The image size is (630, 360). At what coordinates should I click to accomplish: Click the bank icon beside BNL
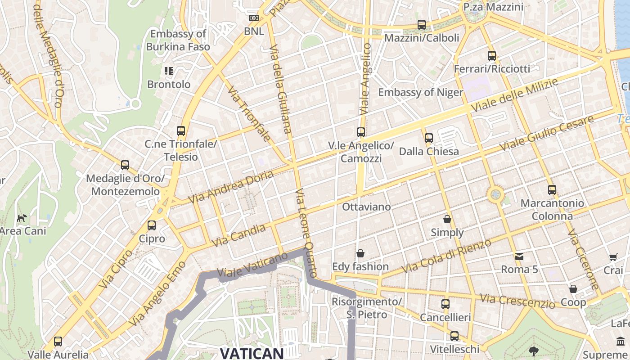(254, 18)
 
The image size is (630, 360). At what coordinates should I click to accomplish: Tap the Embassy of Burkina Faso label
(178, 40)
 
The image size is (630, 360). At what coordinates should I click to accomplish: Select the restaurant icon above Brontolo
(169, 71)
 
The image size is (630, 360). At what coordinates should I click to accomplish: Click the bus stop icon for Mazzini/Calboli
(422, 25)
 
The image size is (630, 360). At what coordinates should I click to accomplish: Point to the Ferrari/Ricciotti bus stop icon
(492, 56)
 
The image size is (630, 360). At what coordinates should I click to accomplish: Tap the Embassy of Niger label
(420, 92)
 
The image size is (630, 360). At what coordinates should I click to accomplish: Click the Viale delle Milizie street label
(515, 95)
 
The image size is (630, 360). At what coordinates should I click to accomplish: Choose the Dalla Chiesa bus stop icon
(429, 138)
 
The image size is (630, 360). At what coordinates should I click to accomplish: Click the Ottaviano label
(366, 207)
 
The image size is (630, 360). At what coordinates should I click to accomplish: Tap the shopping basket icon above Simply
(447, 219)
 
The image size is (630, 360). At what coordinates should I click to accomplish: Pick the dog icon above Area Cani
(22, 218)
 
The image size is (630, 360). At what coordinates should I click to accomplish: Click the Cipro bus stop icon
(152, 225)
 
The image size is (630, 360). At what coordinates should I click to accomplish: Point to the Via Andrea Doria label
(230, 187)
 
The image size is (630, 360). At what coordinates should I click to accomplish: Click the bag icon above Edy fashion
(360, 253)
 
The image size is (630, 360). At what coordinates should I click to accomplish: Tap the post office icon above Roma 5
(519, 256)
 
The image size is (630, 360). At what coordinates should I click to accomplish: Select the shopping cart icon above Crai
(613, 257)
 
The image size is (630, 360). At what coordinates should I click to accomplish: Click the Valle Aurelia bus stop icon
(58, 342)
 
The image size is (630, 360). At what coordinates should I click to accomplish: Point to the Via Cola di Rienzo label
(446, 256)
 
